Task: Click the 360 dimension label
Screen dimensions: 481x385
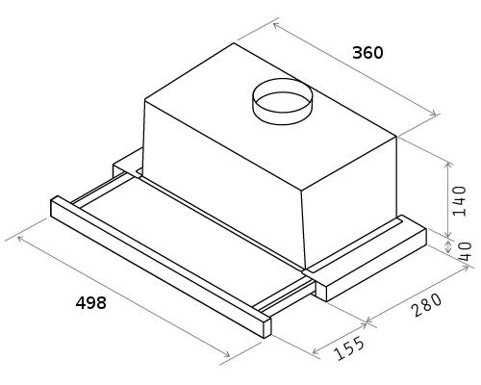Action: [367, 53]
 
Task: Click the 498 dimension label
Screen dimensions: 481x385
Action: [90, 302]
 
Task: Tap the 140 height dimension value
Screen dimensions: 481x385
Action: [458, 201]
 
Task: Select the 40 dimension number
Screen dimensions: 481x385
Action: [465, 252]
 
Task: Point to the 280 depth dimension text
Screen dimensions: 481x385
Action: [427, 305]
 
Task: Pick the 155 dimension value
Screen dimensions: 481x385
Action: [349, 348]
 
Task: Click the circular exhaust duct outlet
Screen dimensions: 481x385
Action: [282, 101]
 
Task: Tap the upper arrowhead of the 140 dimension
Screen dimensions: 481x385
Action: [448, 166]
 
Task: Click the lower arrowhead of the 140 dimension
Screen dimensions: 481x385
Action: [448, 234]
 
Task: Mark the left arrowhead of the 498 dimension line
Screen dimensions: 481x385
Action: [21, 239]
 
